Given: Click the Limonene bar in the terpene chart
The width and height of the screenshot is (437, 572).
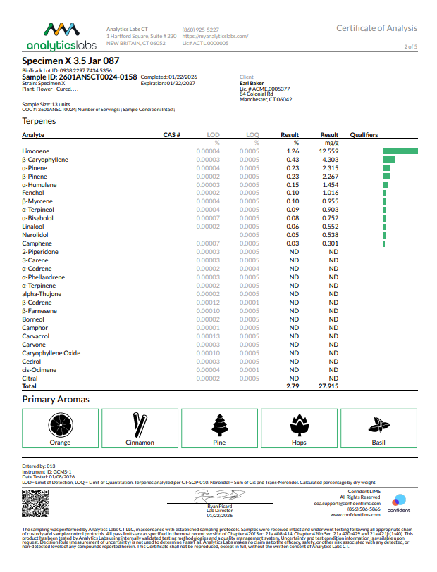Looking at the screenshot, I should pos(400,151).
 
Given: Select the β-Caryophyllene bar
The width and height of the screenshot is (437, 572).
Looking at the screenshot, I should pos(389,160).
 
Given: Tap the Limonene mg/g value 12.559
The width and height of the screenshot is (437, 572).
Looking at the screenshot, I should pos(329,151).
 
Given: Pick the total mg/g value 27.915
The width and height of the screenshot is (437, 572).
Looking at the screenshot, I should pos(329,387).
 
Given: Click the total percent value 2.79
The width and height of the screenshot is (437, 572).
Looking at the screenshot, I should pos(293,387).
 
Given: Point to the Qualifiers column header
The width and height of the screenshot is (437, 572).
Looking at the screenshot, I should pos(364,134).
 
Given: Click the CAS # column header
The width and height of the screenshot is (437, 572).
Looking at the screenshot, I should pos(172,134).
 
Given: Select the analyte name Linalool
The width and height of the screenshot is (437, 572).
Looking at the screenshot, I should pos(33,227).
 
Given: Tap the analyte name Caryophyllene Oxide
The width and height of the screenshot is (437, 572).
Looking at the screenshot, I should pos(51,353).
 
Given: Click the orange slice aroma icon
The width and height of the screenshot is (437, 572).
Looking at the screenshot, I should pos(61,424).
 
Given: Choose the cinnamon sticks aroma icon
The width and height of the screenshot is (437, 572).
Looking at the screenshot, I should pos(140,424).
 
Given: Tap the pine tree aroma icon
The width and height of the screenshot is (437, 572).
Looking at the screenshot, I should pos(219,424).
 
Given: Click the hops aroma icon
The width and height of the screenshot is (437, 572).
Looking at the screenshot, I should pos(299,424).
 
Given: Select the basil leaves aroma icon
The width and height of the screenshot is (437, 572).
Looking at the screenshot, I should pos(378,424).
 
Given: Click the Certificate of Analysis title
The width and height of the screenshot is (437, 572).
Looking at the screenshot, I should pos(376,28).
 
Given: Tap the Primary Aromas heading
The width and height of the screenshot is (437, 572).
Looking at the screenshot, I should pos(56,400).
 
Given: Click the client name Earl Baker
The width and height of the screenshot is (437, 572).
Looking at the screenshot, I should pos(253,82).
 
